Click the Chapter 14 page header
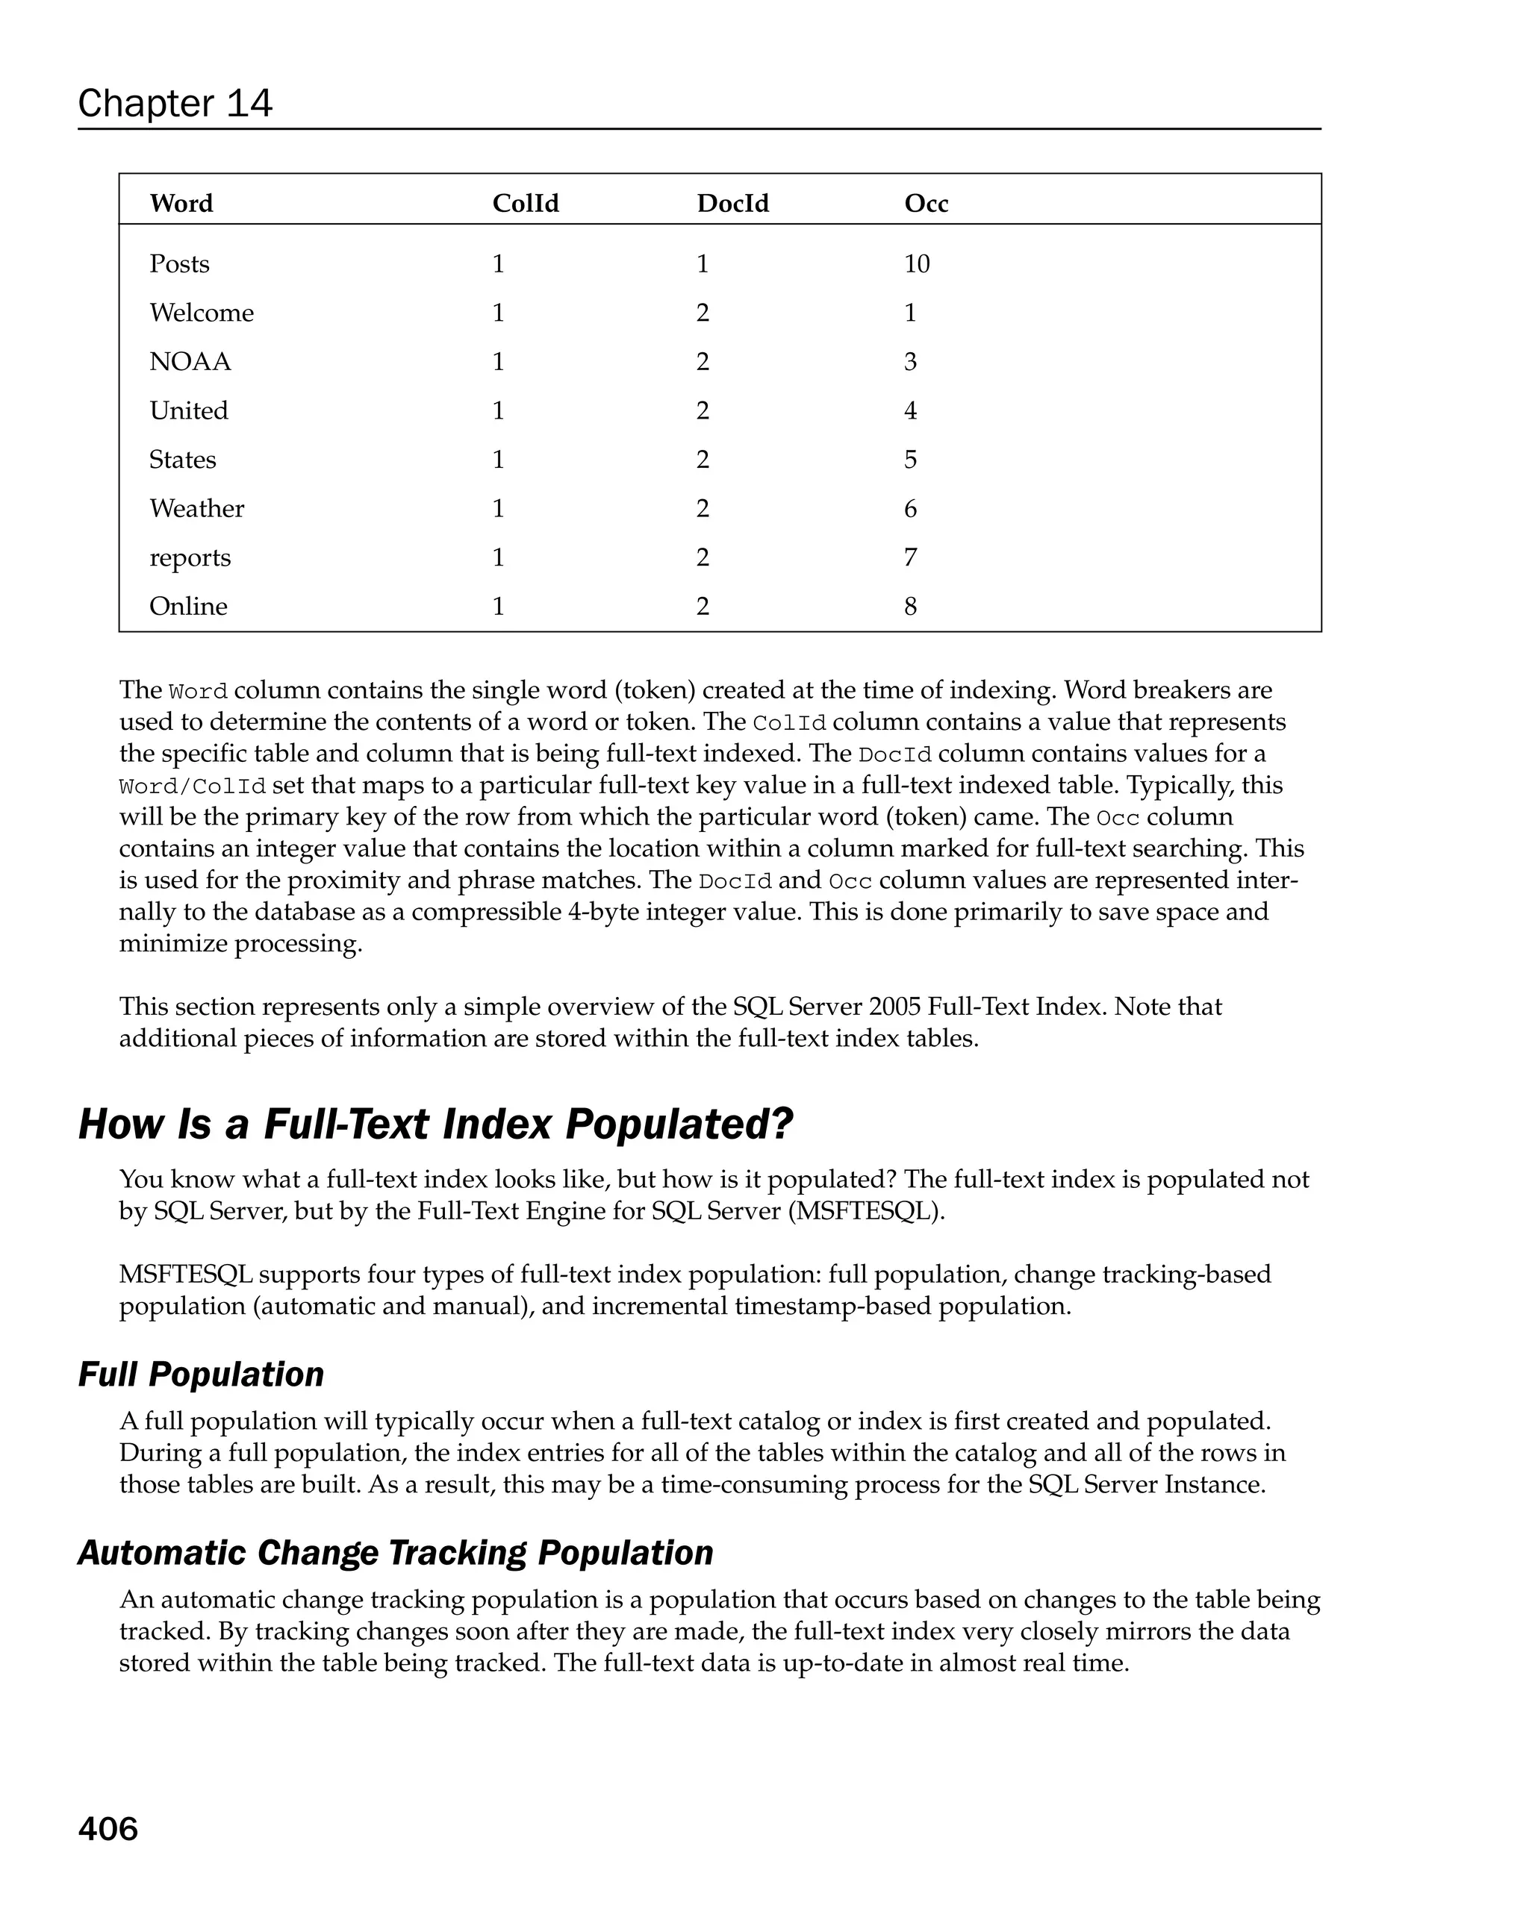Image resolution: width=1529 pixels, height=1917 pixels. pos(175,103)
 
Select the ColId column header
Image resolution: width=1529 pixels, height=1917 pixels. pos(525,204)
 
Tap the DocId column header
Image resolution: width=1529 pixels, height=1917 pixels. pos(732,204)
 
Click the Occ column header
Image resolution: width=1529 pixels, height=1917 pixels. pos(926,204)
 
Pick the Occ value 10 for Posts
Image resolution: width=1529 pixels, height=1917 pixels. pos(916,264)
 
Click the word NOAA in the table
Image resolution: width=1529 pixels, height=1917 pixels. pos(190,362)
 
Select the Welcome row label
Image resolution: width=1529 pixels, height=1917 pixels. pos(201,313)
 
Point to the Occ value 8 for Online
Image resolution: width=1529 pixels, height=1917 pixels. pos(910,607)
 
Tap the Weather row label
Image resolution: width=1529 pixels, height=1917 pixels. pos(196,509)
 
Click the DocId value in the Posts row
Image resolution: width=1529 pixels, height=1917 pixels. pos(702,264)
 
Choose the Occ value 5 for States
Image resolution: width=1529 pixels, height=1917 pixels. pos(910,460)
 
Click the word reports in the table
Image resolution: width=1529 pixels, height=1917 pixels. pos(190,557)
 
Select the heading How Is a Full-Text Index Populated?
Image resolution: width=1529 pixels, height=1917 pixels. pos(435,1124)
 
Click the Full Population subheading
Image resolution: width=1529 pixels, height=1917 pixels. pos(201,1374)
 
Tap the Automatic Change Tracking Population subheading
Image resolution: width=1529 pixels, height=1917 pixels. pos(395,1552)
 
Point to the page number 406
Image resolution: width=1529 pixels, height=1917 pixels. pos(108,1829)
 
